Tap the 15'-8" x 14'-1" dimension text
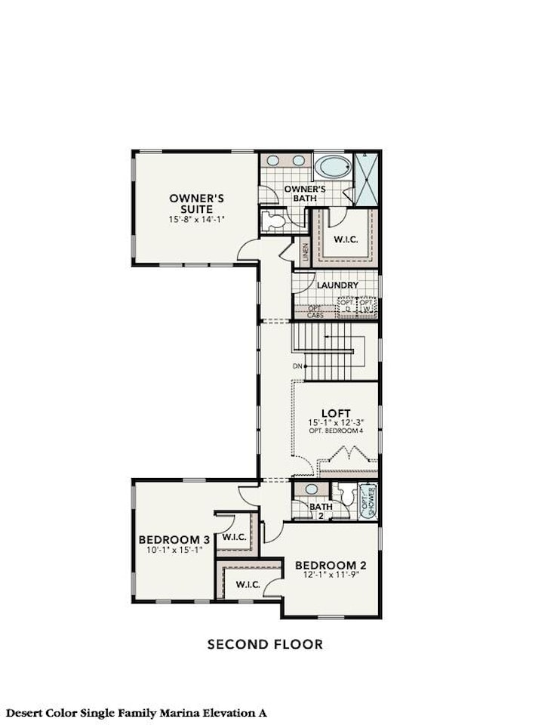tap(196, 220)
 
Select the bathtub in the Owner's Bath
tap(332, 165)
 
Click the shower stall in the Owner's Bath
tap(366, 179)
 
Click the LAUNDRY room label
tap(337, 286)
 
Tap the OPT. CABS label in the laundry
tap(315, 311)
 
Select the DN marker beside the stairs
tap(299, 366)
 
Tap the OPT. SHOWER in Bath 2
tap(368, 501)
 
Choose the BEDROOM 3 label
tap(174, 540)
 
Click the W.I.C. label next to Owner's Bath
tap(345, 239)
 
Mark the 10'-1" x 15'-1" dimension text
tap(174, 551)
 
